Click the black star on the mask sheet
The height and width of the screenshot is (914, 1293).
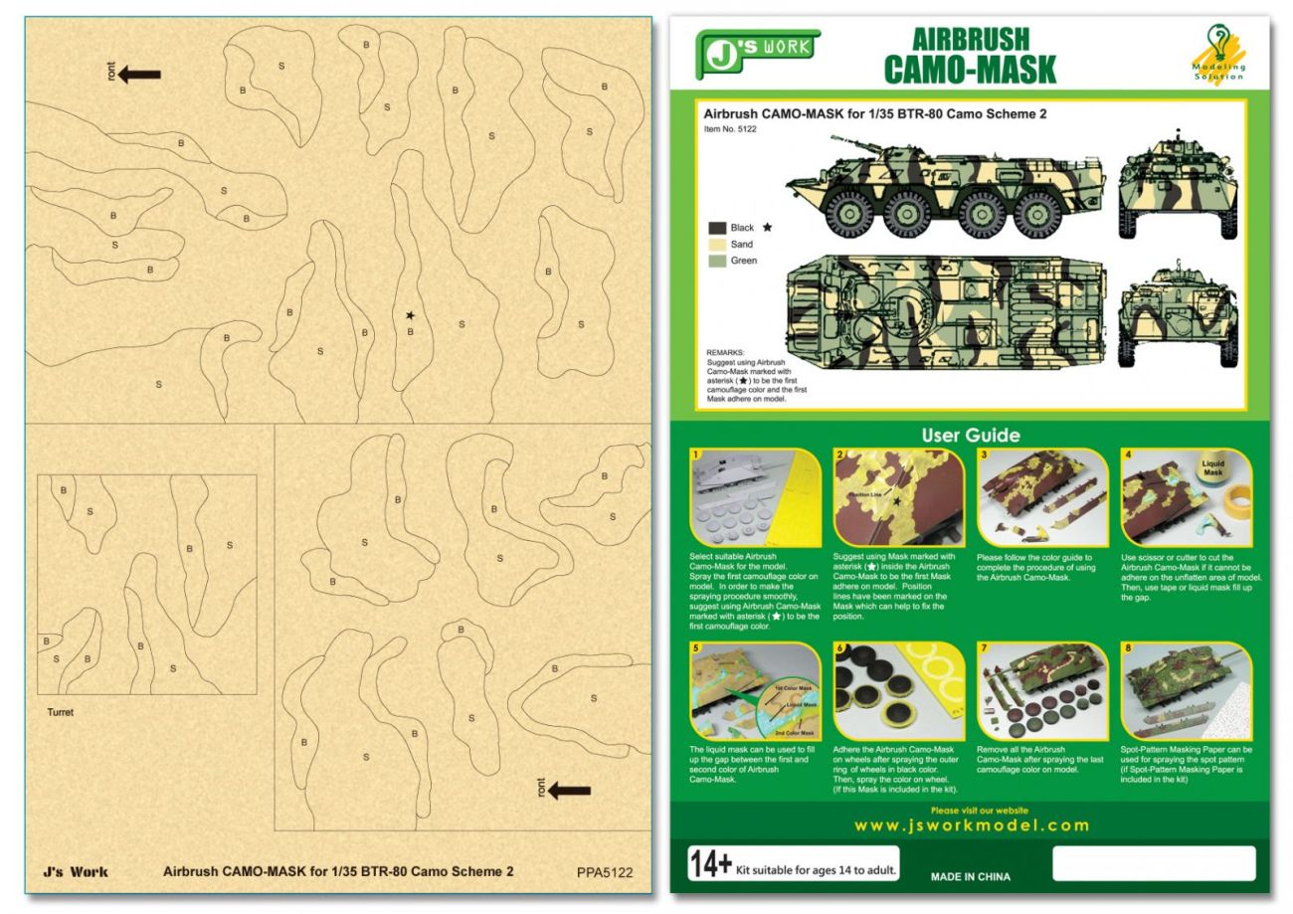tap(410, 315)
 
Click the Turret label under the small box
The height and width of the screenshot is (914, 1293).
tap(60, 712)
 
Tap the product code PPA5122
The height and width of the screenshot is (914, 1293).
tap(604, 873)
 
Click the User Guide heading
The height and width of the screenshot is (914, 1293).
tap(970, 435)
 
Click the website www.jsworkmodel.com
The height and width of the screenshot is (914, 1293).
tap(971, 825)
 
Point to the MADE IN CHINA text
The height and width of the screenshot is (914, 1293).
tap(970, 877)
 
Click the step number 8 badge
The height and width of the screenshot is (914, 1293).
tap(1128, 647)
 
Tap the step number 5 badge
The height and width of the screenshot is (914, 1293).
tap(695, 647)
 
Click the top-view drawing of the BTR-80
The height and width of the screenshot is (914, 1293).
tap(941, 302)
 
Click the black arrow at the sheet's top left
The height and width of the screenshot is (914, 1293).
tap(139, 74)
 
